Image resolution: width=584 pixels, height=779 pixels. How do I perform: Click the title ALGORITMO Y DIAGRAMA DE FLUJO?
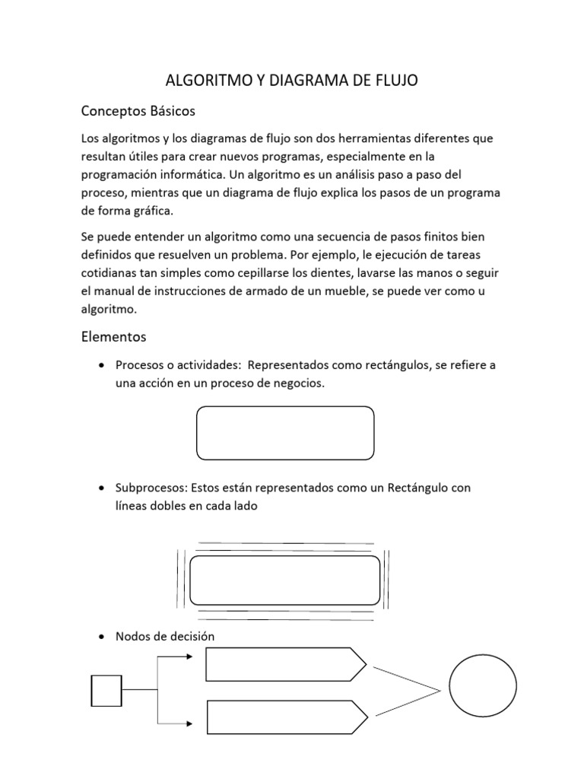point(292,80)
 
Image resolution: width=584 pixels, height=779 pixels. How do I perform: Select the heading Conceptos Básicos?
point(138,111)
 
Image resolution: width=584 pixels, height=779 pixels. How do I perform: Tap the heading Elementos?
point(113,335)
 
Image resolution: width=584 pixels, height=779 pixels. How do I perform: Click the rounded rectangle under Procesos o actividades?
point(285,433)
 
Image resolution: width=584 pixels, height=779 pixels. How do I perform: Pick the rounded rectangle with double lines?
point(284,580)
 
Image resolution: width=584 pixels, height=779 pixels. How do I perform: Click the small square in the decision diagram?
point(106,690)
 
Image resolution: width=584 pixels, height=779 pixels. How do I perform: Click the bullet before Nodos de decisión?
point(102,637)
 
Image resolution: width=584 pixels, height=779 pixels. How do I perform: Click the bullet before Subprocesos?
point(102,487)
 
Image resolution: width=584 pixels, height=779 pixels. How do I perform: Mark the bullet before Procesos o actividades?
point(102,365)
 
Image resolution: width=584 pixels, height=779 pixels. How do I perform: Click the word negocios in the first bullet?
point(299,383)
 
